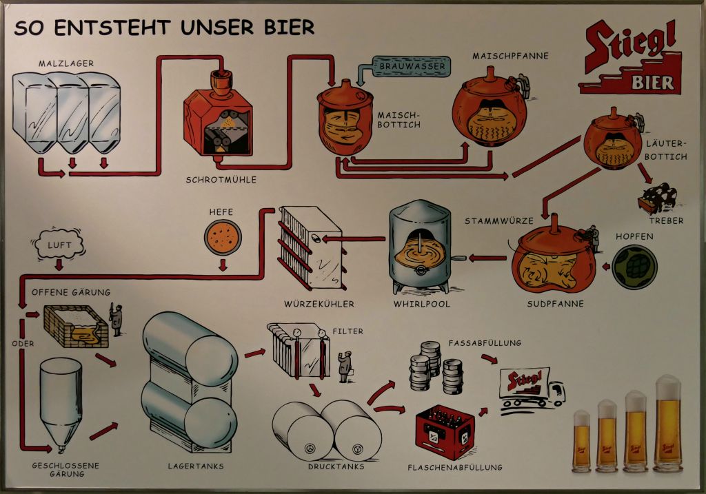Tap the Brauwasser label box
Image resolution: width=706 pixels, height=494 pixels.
[412, 67]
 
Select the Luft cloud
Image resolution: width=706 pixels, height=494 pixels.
[59, 245]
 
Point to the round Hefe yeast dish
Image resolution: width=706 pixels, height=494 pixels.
[223, 235]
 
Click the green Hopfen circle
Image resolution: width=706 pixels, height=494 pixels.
[634, 265]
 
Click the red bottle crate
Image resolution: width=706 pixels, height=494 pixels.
[445, 431]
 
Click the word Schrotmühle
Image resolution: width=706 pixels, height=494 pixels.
[221, 180]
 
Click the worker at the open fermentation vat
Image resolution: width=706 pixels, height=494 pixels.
[116, 320]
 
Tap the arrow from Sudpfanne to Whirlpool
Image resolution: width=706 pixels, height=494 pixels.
[487, 258]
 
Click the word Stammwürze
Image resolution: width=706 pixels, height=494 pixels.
[500, 221]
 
